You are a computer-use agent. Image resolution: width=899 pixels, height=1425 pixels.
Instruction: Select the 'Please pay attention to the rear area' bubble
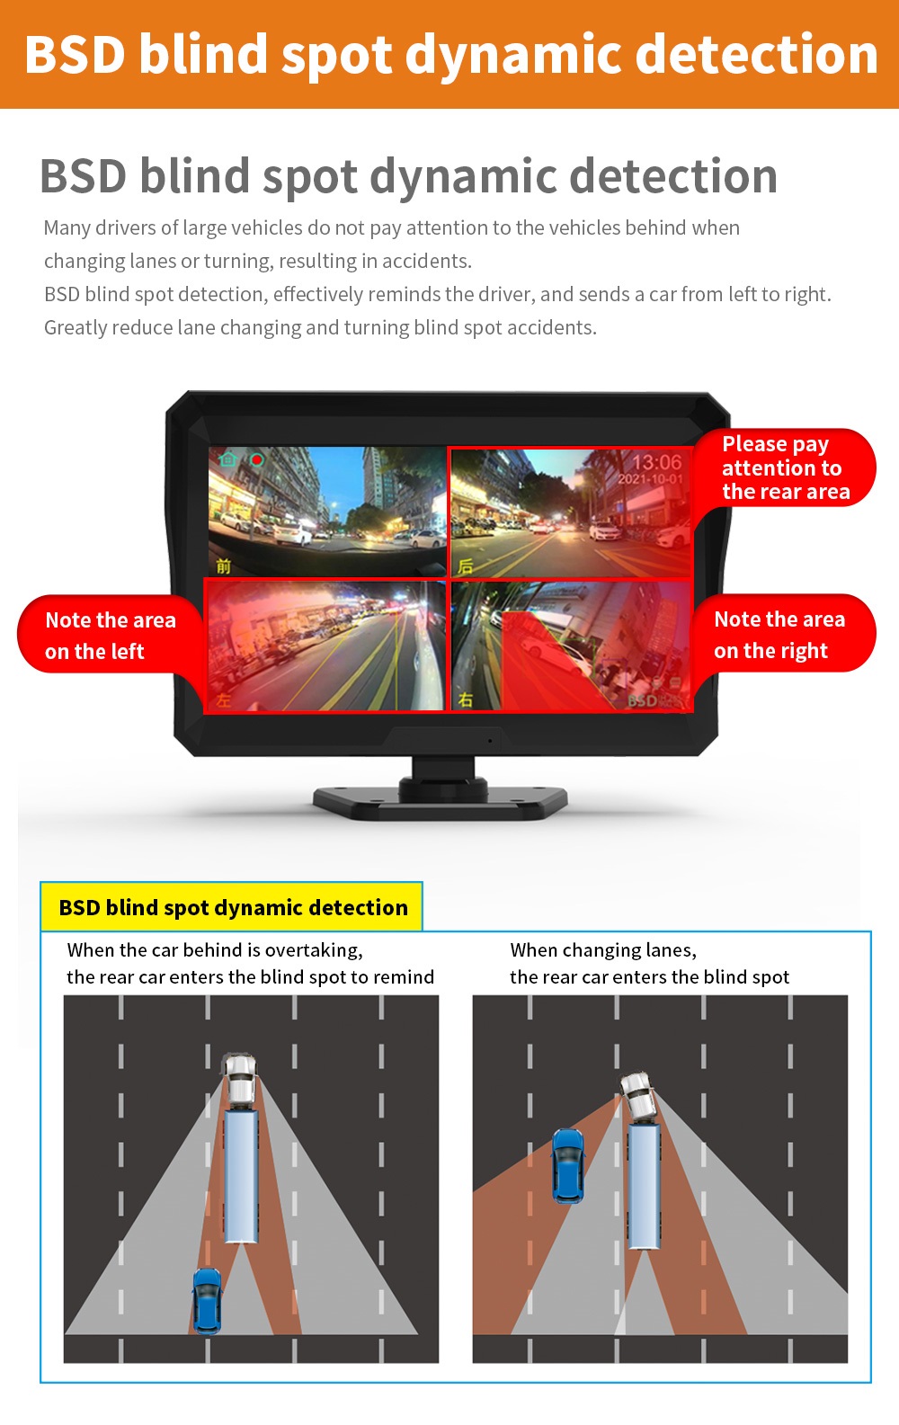pyautogui.click(x=785, y=468)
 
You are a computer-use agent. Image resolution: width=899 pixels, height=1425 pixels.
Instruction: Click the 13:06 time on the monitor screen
pyautogui.click(x=656, y=462)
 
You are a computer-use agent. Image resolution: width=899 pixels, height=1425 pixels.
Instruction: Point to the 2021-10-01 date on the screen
pyautogui.click(x=650, y=479)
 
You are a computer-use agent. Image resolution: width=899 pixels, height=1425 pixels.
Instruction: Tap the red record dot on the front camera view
pyautogui.click(x=257, y=459)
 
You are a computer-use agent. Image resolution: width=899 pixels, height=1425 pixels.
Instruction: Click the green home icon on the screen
pyautogui.click(x=227, y=459)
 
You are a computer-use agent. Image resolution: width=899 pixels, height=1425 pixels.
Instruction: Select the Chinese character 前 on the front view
pyautogui.click(x=223, y=565)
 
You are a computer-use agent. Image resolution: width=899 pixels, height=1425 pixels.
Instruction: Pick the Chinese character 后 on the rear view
pyautogui.click(x=466, y=566)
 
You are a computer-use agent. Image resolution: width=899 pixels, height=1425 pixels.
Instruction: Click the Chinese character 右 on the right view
pyautogui.click(x=466, y=699)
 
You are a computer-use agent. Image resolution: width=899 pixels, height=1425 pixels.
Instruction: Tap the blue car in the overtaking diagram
pyautogui.click(x=208, y=1300)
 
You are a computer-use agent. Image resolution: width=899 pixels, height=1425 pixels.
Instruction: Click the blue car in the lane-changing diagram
pyautogui.click(x=567, y=1165)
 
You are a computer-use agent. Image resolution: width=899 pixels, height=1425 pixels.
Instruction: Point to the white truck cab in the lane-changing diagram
pyautogui.click(x=639, y=1095)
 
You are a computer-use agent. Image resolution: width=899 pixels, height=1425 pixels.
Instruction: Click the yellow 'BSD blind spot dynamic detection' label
pyautogui.click(x=232, y=907)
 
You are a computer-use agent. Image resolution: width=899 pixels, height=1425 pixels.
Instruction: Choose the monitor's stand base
pyautogui.click(x=441, y=804)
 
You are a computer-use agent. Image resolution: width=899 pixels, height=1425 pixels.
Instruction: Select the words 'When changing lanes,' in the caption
pyautogui.click(x=603, y=950)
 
